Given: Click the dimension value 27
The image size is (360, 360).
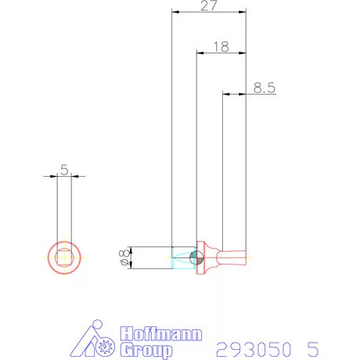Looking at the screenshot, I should (x=208, y=6).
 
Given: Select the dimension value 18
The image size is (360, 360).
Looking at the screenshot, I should (x=220, y=47).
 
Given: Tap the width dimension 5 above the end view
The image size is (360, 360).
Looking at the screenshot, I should (x=64, y=168).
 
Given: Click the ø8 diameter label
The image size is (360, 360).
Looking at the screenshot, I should (x=124, y=257).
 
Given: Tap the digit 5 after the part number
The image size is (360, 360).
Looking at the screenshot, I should (x=313, y=347).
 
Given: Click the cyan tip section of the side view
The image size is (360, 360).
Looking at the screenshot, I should (x=182, y=257).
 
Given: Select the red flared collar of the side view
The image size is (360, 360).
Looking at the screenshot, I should (x=207, y=257).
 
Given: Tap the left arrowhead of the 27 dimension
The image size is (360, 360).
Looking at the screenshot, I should (x=175, y=13).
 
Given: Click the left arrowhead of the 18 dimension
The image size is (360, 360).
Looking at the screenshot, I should (x=199, y=53).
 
